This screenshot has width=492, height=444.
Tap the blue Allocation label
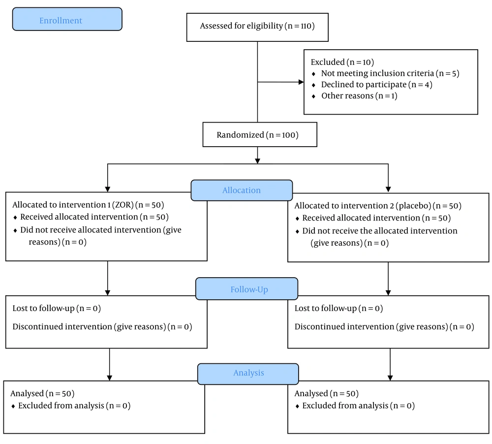[242, 190]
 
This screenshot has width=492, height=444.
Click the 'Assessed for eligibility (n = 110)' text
[257, 26]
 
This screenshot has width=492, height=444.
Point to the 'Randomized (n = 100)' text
[258, 135]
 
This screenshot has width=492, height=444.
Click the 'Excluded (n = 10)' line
[342, 62]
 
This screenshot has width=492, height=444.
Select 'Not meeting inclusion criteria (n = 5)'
[390, 73]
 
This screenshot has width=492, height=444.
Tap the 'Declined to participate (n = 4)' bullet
[376, 85]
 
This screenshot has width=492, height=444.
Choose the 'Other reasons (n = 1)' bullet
[359, 96]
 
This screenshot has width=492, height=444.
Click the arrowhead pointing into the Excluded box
[301, 82]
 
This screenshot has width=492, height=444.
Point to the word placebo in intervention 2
[413, 206]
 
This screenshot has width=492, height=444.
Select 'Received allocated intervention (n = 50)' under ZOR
[94, 217]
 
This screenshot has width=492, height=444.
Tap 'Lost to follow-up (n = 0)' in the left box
[57, 308]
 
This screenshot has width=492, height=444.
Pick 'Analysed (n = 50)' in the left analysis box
[42, 393]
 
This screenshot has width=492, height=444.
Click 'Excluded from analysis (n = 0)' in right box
[358, 406]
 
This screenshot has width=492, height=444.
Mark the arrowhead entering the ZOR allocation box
[108, 190]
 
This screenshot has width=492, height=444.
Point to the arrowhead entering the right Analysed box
[390, 378]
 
